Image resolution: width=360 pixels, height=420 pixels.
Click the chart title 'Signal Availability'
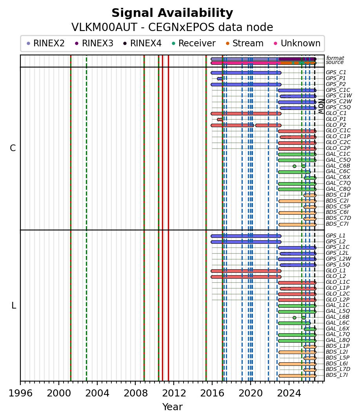(172, 13)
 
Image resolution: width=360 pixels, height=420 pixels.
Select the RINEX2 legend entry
(46, 43)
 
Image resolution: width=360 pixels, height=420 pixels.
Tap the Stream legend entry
(245, 43)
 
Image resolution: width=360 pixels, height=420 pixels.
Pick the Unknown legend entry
(297, 43)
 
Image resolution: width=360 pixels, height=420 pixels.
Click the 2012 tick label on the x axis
(174, 393)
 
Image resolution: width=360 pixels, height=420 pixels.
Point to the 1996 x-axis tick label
(21, 393)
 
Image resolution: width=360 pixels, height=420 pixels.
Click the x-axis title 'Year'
(173, 407)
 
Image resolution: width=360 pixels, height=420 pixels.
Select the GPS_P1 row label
(336, 78)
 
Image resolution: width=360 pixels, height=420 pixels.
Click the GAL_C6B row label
(338, 166)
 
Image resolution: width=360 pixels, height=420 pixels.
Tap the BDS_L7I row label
(337, 375)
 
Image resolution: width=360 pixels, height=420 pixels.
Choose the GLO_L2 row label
(336, 276)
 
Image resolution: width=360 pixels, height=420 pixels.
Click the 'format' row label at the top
(335, 58)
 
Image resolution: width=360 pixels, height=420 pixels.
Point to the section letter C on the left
(13, 148)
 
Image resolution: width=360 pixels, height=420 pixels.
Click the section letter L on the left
(14, 305)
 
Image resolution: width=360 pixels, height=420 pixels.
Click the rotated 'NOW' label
(321, 106)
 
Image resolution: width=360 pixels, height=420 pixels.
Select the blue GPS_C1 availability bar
(246, 73)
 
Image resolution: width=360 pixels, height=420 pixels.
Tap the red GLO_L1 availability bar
(246, 271)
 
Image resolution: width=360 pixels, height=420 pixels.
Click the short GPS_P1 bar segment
(220, 79)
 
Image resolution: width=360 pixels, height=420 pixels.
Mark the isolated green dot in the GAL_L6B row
(295, 318)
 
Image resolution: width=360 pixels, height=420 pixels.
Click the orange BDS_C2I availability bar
(297, 201)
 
